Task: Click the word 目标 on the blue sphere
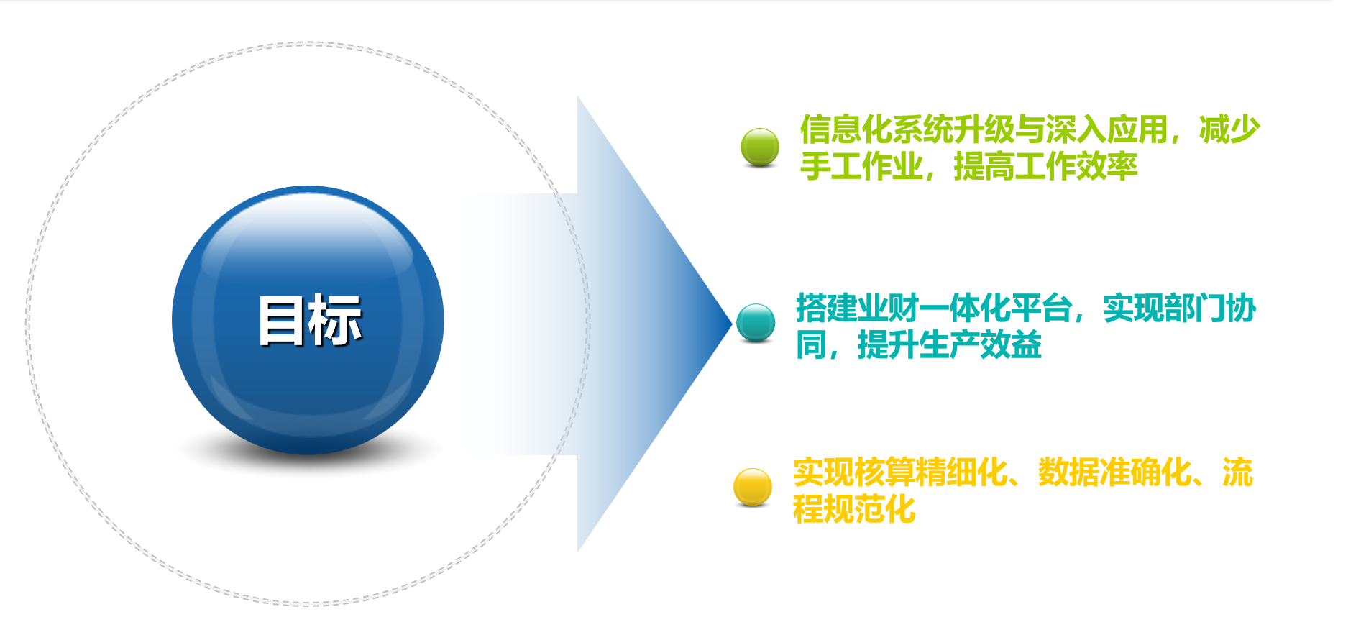[310, 320]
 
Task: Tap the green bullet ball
[760, 147]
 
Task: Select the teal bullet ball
[756, 322]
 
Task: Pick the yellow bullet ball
[753, 487]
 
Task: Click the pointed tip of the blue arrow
[732, 324]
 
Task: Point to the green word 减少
[1229, 129]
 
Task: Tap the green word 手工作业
[861, 166]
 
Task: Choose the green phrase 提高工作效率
[1045, 166]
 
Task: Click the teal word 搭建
[827, 309]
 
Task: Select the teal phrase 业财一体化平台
[965, 309]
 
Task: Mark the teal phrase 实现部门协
[1180, 309]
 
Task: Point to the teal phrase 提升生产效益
[949, 345]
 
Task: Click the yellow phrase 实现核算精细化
[900, 472]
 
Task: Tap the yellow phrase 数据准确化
[1115, 472]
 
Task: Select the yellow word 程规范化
[854, 509]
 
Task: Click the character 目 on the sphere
[282, 320]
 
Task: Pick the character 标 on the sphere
[336, 320]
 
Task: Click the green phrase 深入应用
[1106, 129]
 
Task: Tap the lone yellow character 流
[1238, 472]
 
